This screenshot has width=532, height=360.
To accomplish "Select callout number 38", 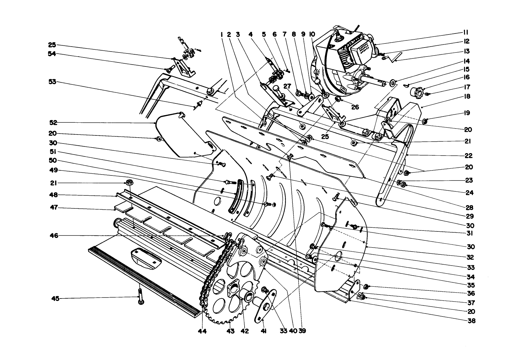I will (x=471, y=320).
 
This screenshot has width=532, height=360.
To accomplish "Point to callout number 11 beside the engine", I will (x=466, y=32).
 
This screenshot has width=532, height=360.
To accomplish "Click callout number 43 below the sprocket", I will (x=230, y=331).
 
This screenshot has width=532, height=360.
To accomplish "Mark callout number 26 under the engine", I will (x=355, y=107).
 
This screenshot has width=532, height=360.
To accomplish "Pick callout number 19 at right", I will (x=467, y=113).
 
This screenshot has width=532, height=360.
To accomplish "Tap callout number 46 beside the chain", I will (x=54, y=236).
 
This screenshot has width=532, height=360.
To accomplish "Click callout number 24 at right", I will (x=470, y=193).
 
